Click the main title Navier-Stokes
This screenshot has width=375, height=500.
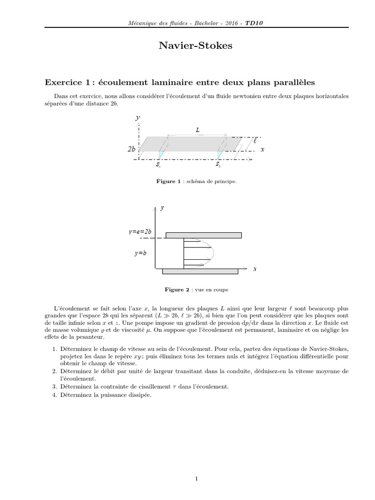tap(188, 46)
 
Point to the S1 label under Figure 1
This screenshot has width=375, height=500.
tap(158, 165)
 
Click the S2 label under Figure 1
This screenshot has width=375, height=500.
tap(218, 165)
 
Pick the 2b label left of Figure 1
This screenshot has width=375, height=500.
tap(131, 150)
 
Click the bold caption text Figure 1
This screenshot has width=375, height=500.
tap(166, 181)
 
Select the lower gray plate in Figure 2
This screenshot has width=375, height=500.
tap(200, 271)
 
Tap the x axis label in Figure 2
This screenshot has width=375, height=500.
tap(254, 270)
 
